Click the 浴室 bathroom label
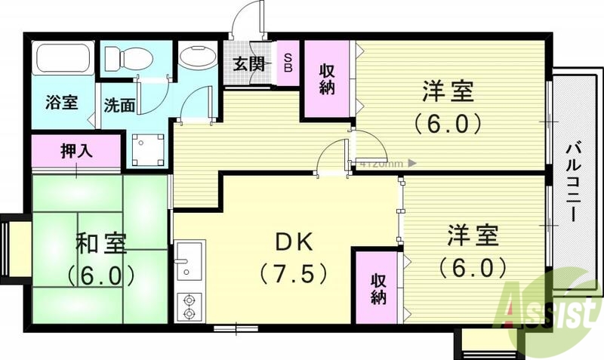point(61,103)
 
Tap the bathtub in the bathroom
point(63,59)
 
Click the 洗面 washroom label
point(119,106)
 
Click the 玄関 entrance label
point(249,63)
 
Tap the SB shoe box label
point(289,63)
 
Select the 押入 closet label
point(75,150)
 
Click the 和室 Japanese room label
point(100,244)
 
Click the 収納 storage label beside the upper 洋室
point(328,79)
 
